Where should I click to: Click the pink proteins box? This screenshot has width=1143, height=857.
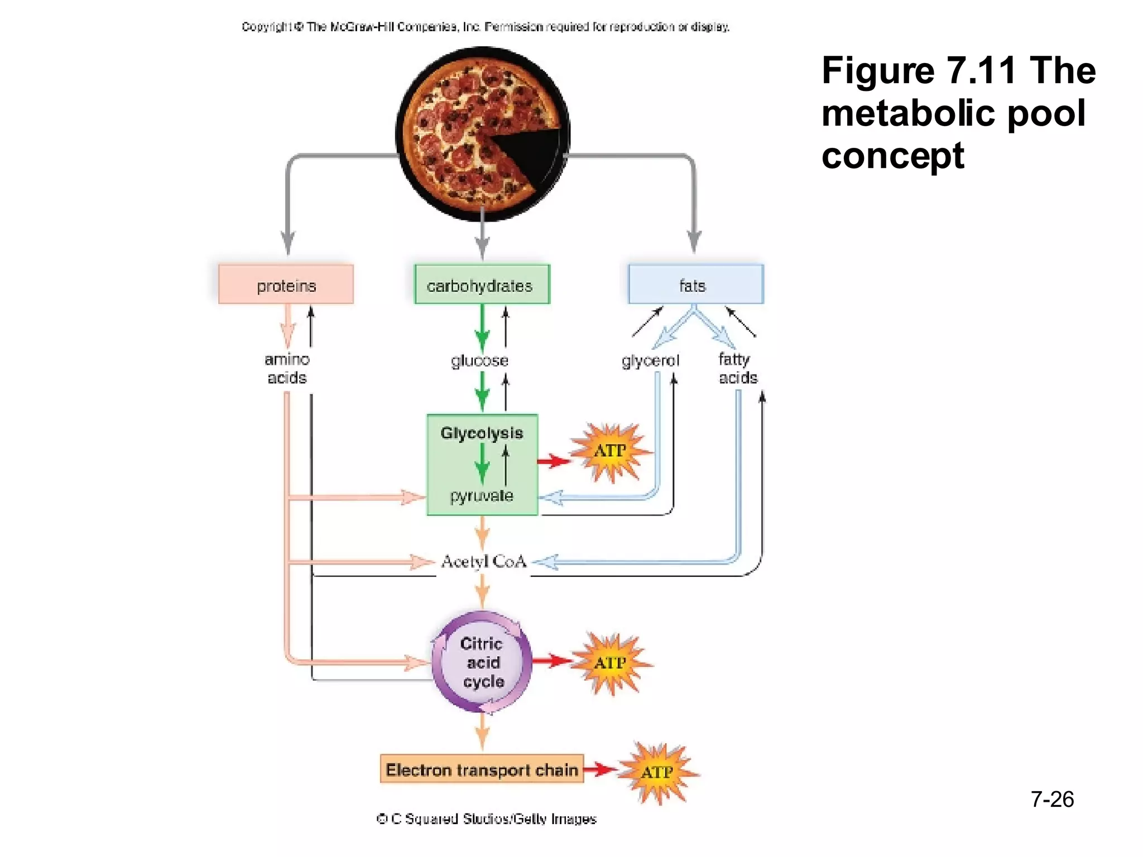tap(286, 285)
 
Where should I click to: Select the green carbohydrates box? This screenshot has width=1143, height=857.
tap(482, 285)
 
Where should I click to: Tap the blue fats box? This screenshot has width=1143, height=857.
tap(695, 285)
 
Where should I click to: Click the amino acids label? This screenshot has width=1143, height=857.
tap(287, 369)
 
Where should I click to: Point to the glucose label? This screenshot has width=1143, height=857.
tap(479, 360)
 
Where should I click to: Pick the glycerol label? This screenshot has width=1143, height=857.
tap(650, 360)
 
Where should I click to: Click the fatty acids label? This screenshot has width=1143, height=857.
tap(737, 369)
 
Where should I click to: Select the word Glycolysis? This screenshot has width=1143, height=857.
tap(482, 433)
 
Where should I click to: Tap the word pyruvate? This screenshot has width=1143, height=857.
tap(482, 495)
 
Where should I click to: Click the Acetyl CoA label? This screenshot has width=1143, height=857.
tap(483, 561)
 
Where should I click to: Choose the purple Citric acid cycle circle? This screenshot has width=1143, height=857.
tap(482, 662)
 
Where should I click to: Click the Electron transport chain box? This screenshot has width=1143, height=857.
tap(482, 769)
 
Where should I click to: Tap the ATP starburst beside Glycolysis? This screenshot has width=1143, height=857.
tap(610, 451)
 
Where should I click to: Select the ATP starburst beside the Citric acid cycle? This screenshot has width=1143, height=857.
tap(610, 663)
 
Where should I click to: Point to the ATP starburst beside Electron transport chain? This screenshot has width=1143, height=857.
tap(657, 772)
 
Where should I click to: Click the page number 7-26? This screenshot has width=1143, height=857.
tap(1051, 799)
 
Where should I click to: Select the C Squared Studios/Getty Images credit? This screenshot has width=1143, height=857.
tap(486, 819)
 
